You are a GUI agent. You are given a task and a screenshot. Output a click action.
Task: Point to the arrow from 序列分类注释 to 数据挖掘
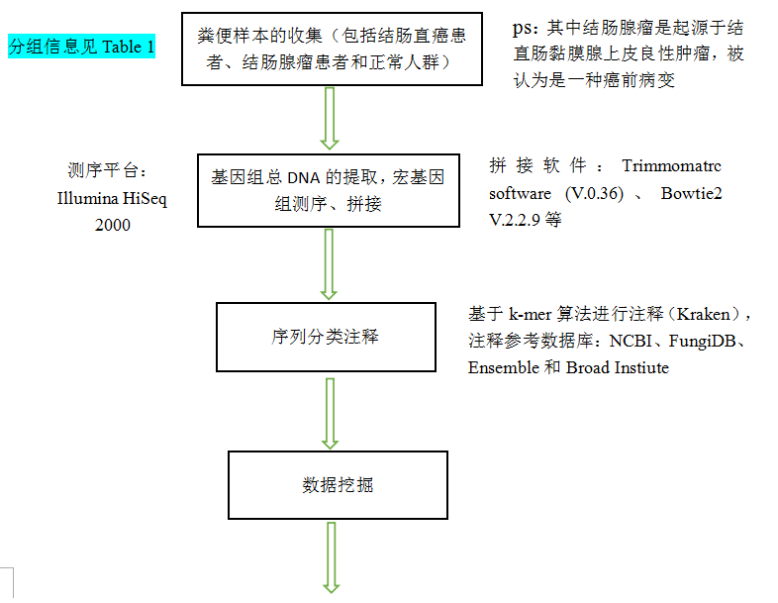click(x=330, y=414)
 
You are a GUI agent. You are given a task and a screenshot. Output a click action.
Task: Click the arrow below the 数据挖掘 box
click(x=332, y=557)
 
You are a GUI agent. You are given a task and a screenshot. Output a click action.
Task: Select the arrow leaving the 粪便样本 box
click(x=330, y=118)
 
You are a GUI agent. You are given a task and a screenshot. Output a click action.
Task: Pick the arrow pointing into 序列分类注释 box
click(x=329, y=264)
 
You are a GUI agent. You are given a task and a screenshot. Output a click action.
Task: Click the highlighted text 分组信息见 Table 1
click(x=81, y=47)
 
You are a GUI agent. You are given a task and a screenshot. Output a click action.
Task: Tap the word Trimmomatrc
click(x=671, y=165)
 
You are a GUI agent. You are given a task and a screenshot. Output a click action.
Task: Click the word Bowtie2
click(x=691, y=193)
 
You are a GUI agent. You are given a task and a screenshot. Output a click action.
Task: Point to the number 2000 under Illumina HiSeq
click(x=113, y=225)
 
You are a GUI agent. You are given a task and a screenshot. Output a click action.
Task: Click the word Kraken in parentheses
click(x=703, y=314)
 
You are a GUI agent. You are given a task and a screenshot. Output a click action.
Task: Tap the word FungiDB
click(x=702, y=341)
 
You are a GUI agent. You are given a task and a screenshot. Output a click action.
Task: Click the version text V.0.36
click(x=595, y=193)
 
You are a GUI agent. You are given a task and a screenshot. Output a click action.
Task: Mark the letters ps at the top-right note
click(x=522, y=28)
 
